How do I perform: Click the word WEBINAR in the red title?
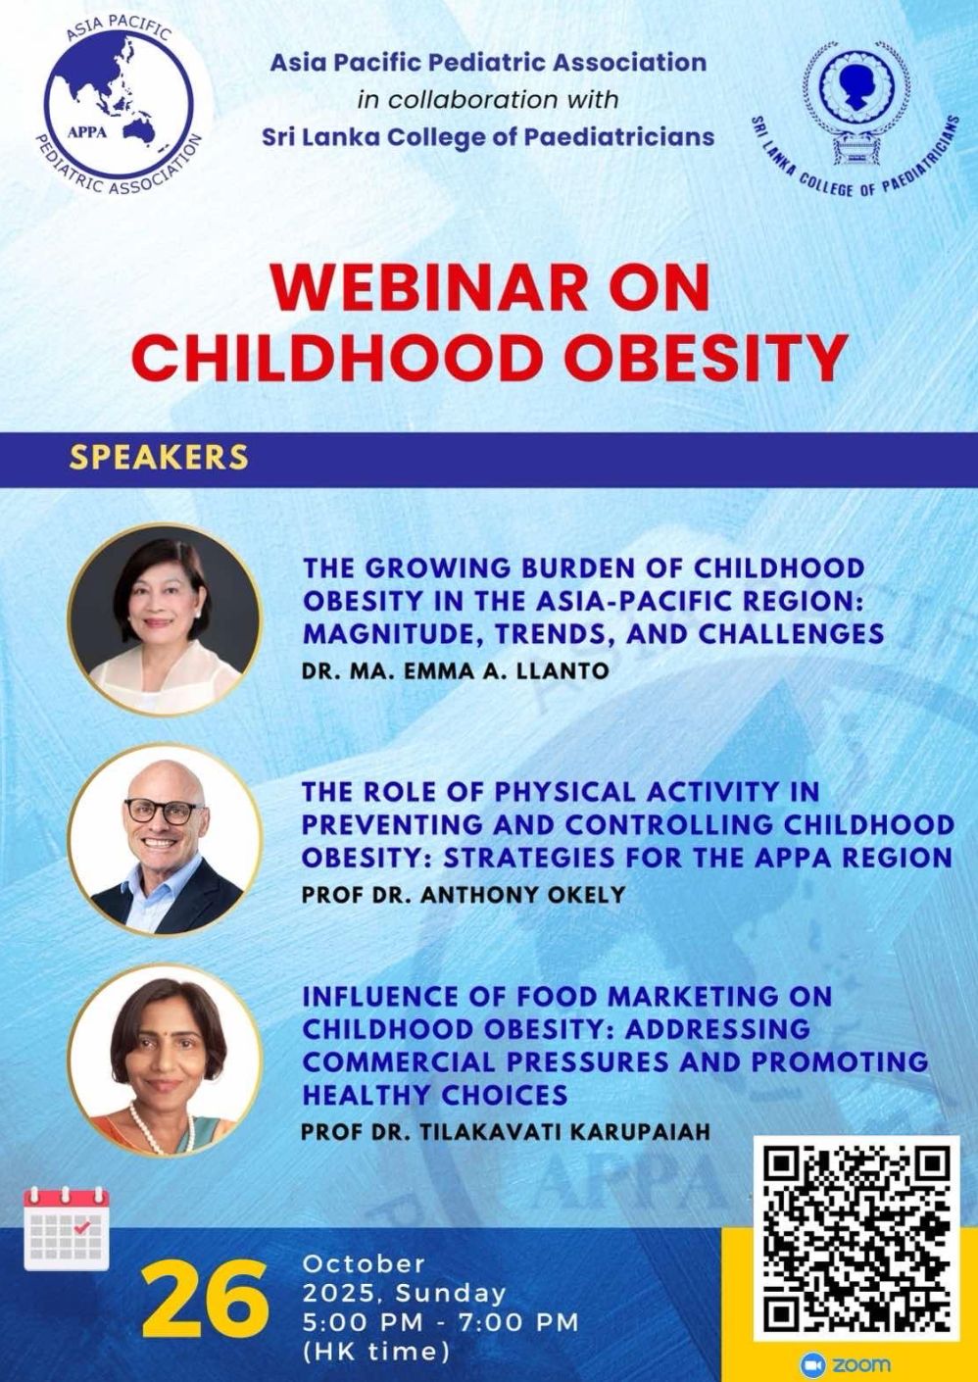(435, 289)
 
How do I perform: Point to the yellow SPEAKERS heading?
(160, 457)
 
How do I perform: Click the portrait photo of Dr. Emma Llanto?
(165, 618)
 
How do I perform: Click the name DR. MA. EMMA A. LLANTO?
(456, 670)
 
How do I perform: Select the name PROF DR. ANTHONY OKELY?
(464, 895)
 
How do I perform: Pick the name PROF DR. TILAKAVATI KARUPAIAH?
(506, 1131)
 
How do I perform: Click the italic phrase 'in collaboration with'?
(487, 99)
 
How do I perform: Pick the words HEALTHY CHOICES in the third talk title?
(435, 1095)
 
